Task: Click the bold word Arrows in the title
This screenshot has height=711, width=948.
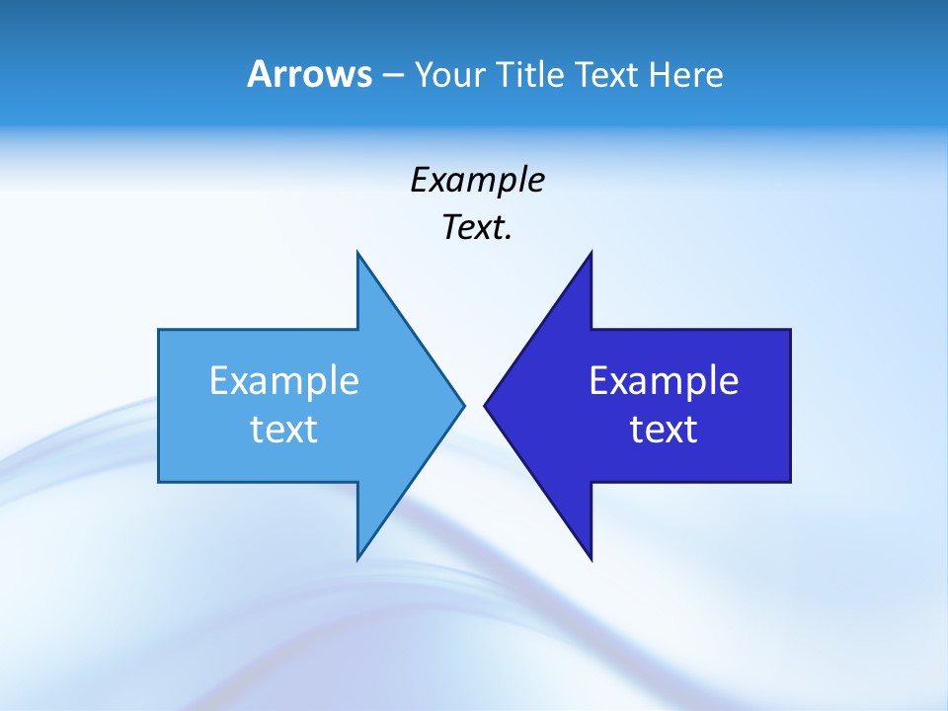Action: coord(309,74)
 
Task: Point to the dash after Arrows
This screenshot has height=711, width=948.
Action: coord(391,75)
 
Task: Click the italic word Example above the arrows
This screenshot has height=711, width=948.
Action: coord(477,181)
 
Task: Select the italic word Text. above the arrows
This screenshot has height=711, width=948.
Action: coord(477,228)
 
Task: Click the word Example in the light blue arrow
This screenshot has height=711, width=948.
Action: coord(283,381)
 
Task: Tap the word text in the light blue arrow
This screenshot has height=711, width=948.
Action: coord(283,430)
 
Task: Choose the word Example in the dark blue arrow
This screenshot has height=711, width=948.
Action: coord(664,381)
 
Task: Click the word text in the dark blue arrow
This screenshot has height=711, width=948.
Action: coord(664,430)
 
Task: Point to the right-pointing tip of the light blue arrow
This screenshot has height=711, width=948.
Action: coord(463,405)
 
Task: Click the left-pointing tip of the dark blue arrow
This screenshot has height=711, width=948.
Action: coord(485,405)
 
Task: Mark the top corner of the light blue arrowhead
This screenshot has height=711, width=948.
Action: coord(357,253)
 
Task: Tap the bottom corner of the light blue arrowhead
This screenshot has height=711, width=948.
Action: coord(357,559)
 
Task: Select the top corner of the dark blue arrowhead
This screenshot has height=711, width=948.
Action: coord(591,253)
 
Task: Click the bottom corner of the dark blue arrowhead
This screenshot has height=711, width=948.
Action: coord(591,559)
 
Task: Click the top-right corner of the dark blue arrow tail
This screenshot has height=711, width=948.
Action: coord(790,330)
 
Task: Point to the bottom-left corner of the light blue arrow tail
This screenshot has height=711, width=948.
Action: coord(159,482)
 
